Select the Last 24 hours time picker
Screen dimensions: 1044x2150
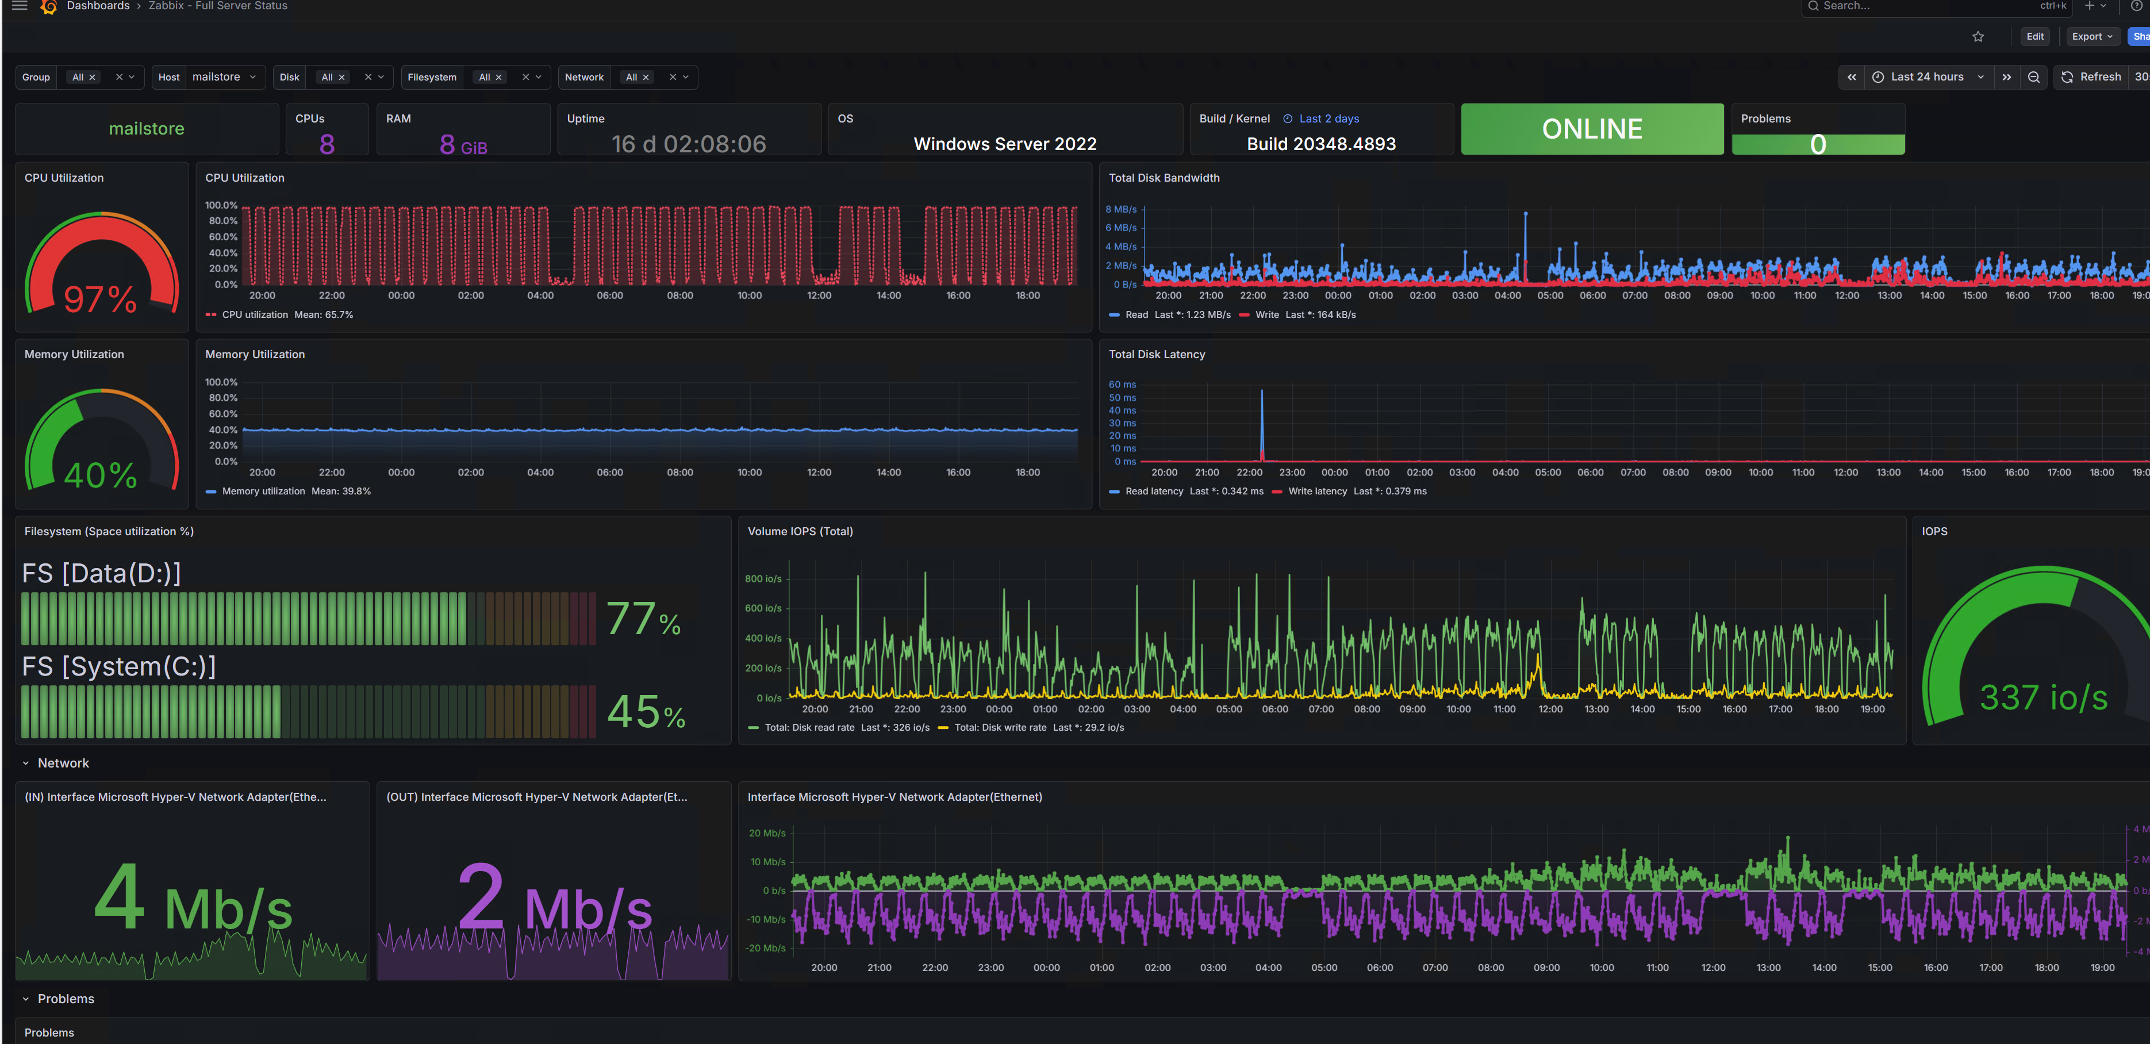pyautogui.click(x=1926, y=77)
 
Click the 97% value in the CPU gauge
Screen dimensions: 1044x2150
pyautogui.click(x=100, y=299)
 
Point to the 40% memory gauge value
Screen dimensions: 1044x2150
pyautogui.click(x=100, y=475)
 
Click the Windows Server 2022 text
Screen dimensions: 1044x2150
pyautogui.click(x=1004, y=144)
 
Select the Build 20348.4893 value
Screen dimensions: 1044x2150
pyautogui.click(x=1320, y=144)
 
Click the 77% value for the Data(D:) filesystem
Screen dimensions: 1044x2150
pyautogui.click(x=643, y=619)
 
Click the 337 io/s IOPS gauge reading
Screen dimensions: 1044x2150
pyautogui.click(x=2042, y=697)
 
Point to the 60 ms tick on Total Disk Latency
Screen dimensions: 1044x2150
pyautogui.click(x=1122, y=384)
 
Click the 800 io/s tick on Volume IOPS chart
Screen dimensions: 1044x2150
pyautogui.click(x=762, y=578)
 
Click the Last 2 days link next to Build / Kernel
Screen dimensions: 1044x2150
pyautogui.click(x=1328, y=118)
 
